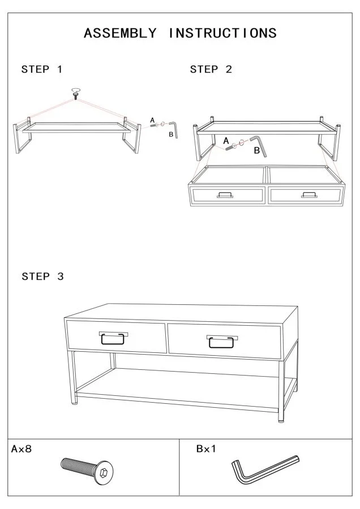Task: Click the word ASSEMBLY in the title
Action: coord(120,33)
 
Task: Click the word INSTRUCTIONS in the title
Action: coord(222,33)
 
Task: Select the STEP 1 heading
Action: coord(41,69)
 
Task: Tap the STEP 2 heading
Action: coord(211,69)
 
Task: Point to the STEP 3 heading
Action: coord(42,276)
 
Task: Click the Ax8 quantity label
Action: coord(22,448)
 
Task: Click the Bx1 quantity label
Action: coord(206,448)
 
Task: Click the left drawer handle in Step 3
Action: coord(113,338)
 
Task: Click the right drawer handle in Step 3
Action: coord(221,342)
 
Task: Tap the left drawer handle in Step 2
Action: coord(225,195)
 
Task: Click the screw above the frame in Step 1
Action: coord(76,96)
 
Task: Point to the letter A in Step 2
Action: coord(226,141)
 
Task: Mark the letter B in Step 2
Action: coord(256,150)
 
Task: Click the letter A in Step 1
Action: coord(152,120)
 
